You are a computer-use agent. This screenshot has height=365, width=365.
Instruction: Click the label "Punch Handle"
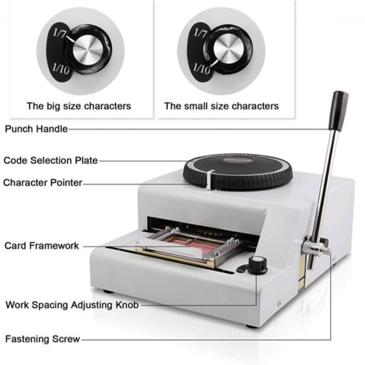36,129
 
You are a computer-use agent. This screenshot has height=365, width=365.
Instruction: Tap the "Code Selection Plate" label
50,160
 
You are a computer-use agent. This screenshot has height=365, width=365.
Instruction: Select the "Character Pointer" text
43,183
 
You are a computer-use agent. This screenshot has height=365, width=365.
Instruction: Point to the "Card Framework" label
41,246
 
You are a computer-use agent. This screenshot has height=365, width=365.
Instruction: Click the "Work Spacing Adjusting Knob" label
72,305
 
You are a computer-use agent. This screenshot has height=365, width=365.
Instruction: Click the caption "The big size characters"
79,106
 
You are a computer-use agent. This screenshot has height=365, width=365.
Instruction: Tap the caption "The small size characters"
222,106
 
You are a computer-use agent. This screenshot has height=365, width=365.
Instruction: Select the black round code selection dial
238,172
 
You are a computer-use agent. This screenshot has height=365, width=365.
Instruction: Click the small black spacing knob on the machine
257,266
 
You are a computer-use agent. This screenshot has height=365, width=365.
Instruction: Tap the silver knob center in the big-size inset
88,50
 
